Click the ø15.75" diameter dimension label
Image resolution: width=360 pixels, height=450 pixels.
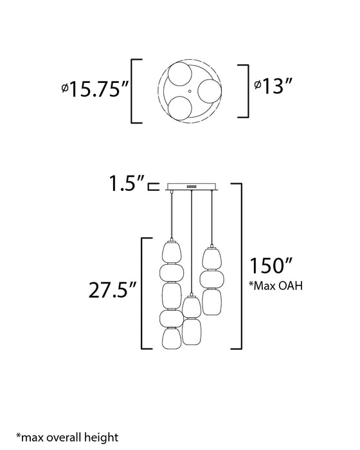coord(95,89)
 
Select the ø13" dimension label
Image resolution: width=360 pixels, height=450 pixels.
coord(273,85)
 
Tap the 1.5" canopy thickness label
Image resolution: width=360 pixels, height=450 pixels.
coord(127,183)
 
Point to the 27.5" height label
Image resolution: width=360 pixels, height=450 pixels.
coord(113,290)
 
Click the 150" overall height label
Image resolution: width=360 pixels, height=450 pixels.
coord(271,265)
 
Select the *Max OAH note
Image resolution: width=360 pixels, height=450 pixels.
coord(276,286)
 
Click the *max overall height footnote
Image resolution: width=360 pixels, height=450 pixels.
coord(67,437)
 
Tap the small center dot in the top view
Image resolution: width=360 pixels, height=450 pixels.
coord(190,91)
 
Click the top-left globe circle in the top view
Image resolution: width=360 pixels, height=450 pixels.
coord(180,73)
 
